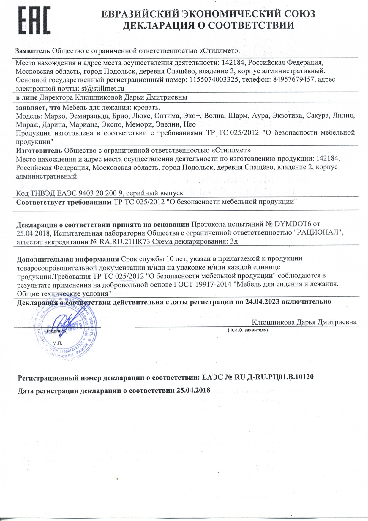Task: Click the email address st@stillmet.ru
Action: point(102,89)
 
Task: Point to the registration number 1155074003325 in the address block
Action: point(214,80)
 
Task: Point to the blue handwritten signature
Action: point(64,324)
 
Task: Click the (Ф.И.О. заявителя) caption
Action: point(248,330)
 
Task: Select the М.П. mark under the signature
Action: point(57,343)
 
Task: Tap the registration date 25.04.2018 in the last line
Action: point(193,390)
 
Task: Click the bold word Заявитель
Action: point(33,51)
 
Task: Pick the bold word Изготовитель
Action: point(39,150)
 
